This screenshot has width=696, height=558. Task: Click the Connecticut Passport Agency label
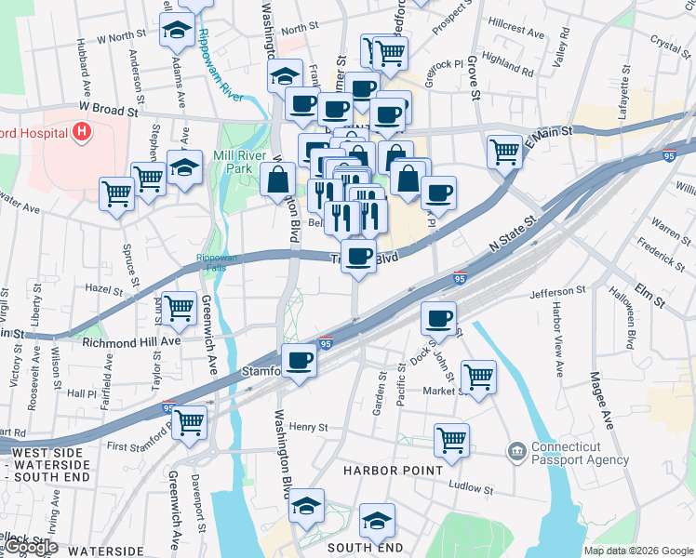coord(581,453)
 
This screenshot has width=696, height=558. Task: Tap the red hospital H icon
coord(82,131)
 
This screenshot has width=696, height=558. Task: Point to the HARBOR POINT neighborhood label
coord(394,471)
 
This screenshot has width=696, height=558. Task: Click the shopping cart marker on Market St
coord(478,376)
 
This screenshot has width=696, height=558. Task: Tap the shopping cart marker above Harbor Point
coord(451,439)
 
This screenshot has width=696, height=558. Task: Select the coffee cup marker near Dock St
coord(438,318)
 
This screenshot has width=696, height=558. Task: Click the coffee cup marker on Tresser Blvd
coord(358,255)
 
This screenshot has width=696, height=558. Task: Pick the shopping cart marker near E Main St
coord(504,149)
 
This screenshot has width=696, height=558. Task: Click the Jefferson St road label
coord(557,292)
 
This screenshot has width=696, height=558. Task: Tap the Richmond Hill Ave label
coord(131,342)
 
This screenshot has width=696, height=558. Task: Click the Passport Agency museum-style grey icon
coord(515,453)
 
